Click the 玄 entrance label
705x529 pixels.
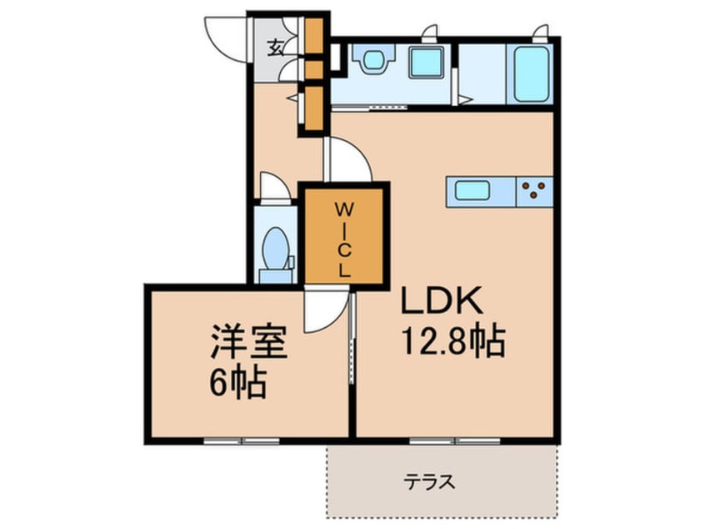(274, 46)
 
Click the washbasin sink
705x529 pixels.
(367, 61)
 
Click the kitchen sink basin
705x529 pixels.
(472, 190)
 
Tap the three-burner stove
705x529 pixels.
(532, 191)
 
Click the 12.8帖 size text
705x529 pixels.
(454, 340)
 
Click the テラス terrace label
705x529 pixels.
(430, 481)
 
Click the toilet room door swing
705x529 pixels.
(272, 186)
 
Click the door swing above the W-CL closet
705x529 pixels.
(346, 159)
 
